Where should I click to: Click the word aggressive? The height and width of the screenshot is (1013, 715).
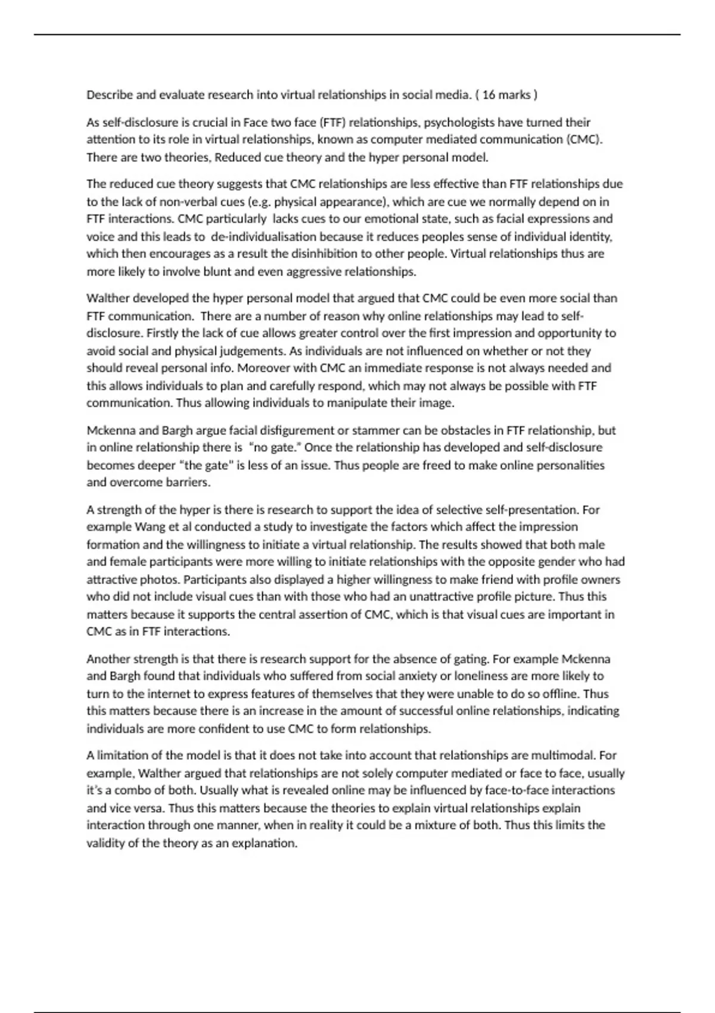[x=313, y=272]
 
